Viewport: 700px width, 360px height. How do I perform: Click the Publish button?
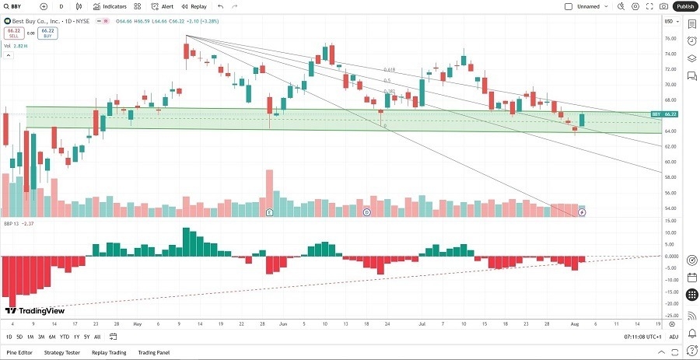685,6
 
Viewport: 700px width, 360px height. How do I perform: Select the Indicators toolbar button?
110,6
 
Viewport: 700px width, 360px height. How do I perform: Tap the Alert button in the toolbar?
163,6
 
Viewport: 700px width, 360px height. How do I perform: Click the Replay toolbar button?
195,6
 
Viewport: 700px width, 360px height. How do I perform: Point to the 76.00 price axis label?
668,38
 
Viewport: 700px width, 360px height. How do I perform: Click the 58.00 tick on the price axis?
668,177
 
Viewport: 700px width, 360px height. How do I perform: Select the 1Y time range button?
75,337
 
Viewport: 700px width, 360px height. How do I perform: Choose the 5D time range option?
19,337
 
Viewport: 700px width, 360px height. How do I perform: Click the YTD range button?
64,337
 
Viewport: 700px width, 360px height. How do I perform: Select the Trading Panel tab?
154,352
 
